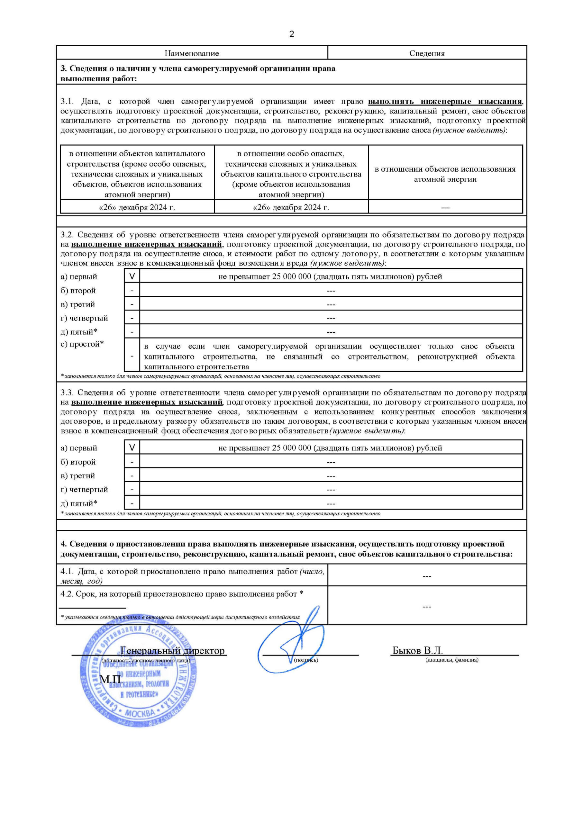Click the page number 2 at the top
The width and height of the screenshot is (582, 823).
292,34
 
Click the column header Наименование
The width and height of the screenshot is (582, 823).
192,53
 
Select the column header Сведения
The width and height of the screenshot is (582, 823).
427,53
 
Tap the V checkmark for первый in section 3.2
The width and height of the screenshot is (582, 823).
132,276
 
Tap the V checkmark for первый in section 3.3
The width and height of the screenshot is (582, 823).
132,448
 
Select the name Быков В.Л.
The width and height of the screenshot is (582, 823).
417,650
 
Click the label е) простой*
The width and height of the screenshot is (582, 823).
82,344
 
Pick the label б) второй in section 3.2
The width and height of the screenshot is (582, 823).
78,291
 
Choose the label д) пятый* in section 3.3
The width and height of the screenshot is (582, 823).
79,503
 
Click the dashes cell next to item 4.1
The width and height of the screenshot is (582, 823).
427,576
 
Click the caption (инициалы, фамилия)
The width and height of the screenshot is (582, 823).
452,660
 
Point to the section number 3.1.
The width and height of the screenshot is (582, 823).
67,102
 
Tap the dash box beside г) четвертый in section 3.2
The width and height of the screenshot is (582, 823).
132,318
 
